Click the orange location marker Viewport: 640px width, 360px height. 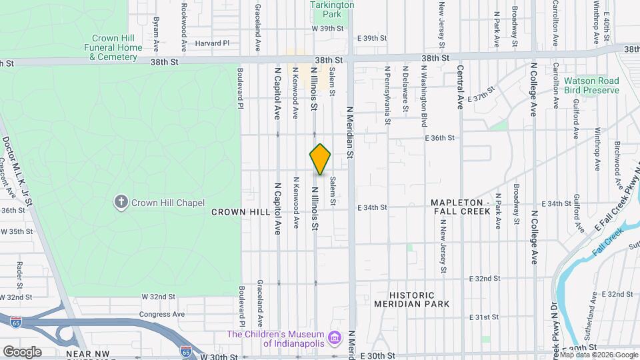coord(320,159)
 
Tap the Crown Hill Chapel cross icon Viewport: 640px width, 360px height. coord(121,203)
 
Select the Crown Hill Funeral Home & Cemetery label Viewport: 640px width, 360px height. coord(113,47)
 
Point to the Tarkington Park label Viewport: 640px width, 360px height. coord(332,9)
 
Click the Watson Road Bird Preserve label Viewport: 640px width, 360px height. coord(591,85)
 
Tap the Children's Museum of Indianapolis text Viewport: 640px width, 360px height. coord(275,339)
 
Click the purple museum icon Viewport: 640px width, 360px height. coord(336,339)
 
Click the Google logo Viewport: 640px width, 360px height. coord(22,351)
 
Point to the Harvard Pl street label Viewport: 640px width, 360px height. coord(212,43)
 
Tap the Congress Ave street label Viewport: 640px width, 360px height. coord(161,314)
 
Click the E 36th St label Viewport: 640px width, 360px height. coord(439,138)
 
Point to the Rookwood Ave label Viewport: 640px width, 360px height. coord(183,27)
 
